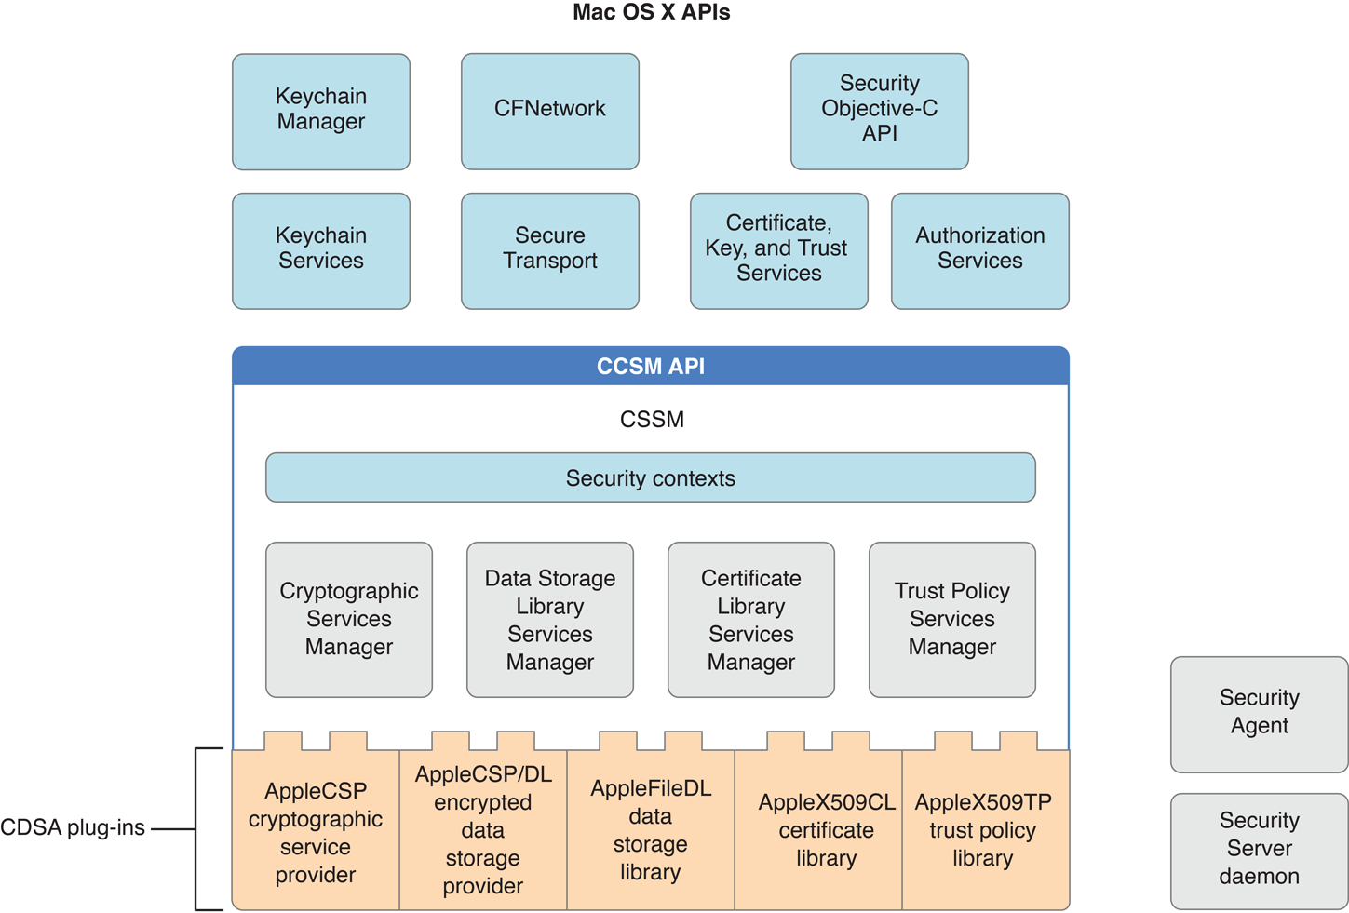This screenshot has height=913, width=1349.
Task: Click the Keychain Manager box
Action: pyautogui.click(x=321, y=112)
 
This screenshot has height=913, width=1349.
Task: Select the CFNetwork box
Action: pyautogui.click(x=550, y=111)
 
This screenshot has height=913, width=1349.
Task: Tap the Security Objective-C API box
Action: pyautogui.click(x=880, y=111)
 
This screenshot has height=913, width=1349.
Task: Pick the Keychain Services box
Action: pyautogui.click(x=321, y=250)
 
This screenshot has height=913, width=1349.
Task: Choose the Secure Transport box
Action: pyautogui.click(x=550, y=250)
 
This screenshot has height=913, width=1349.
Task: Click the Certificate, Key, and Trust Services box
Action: pyautogui.click(x=779, y=250)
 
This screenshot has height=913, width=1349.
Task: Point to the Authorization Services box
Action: pyautogui.click(x=980, y=250)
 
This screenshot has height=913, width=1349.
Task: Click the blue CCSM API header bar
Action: pyautogui.click(x=651, y=367)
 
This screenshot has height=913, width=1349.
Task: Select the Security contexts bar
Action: pyautogui.click(x=651, y=477)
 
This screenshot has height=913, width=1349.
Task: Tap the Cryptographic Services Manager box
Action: pyautogui.click(x=349, y=620)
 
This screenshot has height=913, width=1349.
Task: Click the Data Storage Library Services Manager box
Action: pyautogui.click(x=550, y=620)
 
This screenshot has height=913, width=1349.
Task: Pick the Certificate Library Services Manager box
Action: pyautogui.click(x=751, y=620)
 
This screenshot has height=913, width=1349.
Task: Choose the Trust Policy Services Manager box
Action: pyautogui.click(x=952, y=620)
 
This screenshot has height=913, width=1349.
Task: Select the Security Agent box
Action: pyautogui.click(x=1260, y=714)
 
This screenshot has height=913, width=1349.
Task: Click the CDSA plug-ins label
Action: pyautogui.click(x=73, y=827)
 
